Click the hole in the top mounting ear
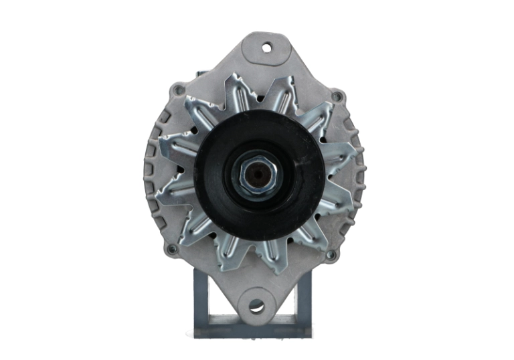pyautogui.click(x=267, y=48)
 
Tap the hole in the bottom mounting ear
pyautogui.click(x=256, y=306)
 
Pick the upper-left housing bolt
pyautogui.click(x=177, y=89)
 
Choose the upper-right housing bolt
pyautogui.click(x=337, y=97)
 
